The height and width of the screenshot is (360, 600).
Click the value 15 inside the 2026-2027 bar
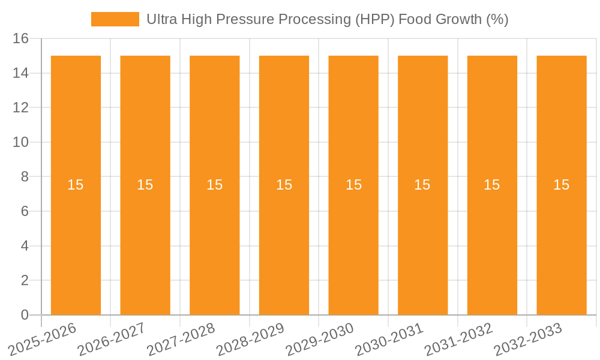tap(145, 185)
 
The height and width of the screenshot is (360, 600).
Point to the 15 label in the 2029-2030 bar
tap(353, 185)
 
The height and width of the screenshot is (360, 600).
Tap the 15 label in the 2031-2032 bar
tap(492, 185)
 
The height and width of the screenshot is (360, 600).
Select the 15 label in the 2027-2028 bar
tap(215, 185)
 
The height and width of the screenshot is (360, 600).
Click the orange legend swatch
tap(115, 19)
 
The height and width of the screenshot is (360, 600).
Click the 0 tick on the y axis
tap(25, 315)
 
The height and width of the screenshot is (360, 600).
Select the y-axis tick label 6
tap(25, 211)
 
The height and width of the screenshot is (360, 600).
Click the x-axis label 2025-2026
tap(43, 338)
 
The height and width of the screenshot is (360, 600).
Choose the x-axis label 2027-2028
tap(182, 338)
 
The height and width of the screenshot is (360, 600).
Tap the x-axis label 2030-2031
tap(390, 338)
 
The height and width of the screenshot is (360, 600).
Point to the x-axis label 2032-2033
tap(529, 338)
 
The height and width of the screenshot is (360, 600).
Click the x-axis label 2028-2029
tap(251, 338)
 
